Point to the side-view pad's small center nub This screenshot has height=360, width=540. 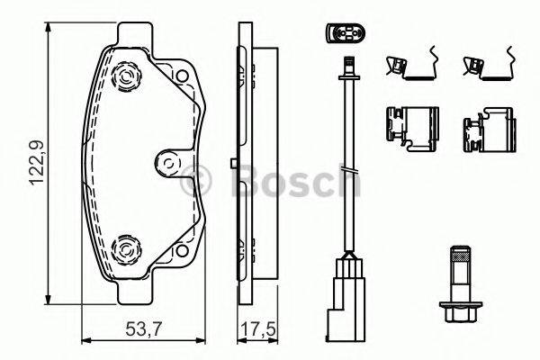(x=233, y=163)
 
